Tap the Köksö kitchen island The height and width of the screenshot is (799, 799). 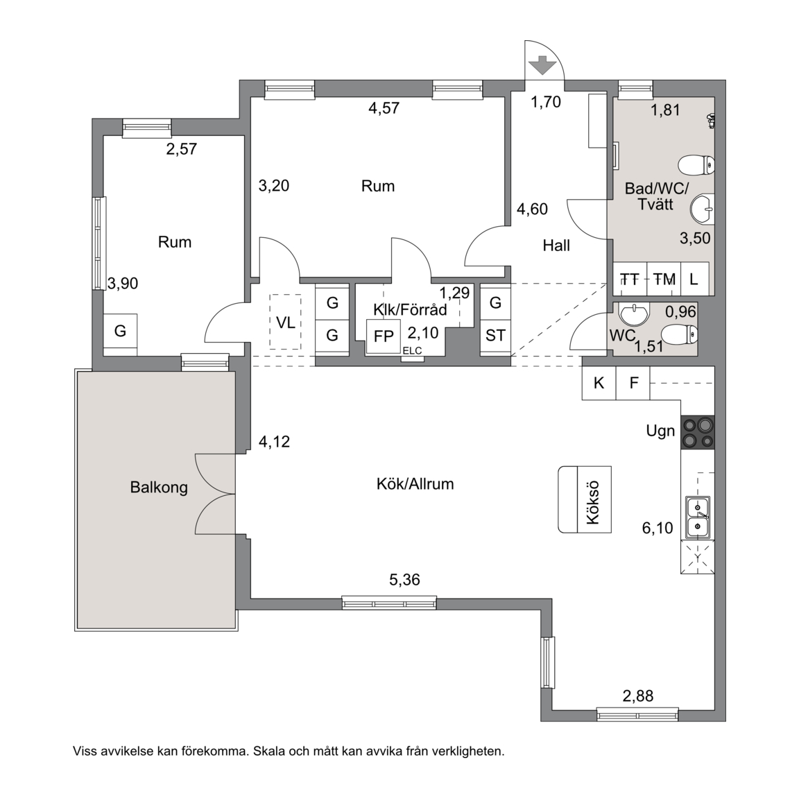[x=585, y=499]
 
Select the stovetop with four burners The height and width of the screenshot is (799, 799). [x=698, y=432]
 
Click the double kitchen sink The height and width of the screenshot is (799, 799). [x=698, y=517]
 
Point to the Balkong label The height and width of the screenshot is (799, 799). [x=159, y=487]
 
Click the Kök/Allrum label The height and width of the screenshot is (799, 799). [x=415, y=483]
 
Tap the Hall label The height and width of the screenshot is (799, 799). [x=556, y=246]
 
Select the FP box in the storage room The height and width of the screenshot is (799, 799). [x=383, y=336]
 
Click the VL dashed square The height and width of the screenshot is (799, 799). [x=285, y=322]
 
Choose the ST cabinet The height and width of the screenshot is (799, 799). [x=495, y=335]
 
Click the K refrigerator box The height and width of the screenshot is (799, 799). [x=599, y=383]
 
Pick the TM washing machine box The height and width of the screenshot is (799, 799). [x=664, y=279]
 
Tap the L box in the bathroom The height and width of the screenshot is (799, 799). [x=694, y=279]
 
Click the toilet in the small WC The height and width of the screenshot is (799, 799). [x=682, y=334]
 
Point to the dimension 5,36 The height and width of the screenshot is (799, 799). [x=404, y=579]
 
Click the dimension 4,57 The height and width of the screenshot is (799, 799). [x=384, y=108]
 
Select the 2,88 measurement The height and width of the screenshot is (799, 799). [x=637, y=696]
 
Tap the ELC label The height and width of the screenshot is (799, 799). [x=412, y=351]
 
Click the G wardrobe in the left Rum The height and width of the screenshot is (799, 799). [x=120, y=331]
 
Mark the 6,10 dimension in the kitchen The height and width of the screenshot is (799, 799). [x=658, y=528]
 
